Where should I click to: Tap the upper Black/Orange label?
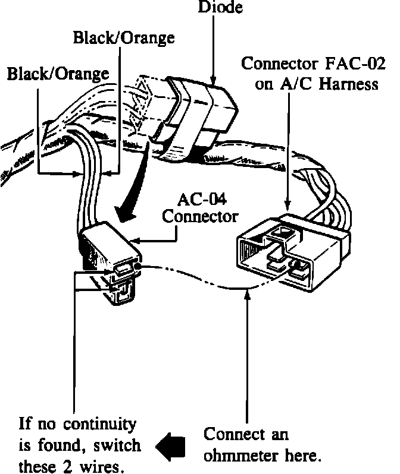pyautogui.click(x=124, y=38)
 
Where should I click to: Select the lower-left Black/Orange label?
pyautogui.click(x=58, y=74)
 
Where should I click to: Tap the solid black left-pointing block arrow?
pyautogui.click(x=170, y=445)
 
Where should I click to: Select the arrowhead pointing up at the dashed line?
pyautogui.click(x=247, y=295)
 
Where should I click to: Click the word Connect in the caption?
pyautogui.click(x=230, y=434)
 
